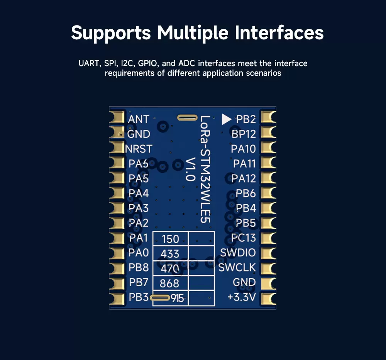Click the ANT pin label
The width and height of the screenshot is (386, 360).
[x=138, y=119]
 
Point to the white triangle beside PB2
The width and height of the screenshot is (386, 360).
[x=226, y=119]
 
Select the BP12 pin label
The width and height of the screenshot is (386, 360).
[x=244, y=134]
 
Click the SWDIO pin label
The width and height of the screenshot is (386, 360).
[x=238, y=253]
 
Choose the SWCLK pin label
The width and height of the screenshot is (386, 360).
[x=237, y=267]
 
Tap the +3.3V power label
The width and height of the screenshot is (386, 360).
[x=242, y=297]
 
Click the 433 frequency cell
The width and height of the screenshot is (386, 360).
[x=170, y=253]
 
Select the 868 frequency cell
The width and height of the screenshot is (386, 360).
[x=170, y=283]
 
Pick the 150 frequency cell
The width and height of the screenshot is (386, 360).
[x=170, y=239]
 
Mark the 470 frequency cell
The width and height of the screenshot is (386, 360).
[x=170, y=268]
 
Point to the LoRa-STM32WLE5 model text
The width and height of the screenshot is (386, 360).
[x=205, y=169]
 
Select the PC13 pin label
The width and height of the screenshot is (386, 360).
[x=244, y=238]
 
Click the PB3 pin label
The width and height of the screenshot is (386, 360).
[x=138, y=297]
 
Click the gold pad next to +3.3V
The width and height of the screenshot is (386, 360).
[x=269, y=298]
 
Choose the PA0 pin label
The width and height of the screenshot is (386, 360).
[x=138, y=253]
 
